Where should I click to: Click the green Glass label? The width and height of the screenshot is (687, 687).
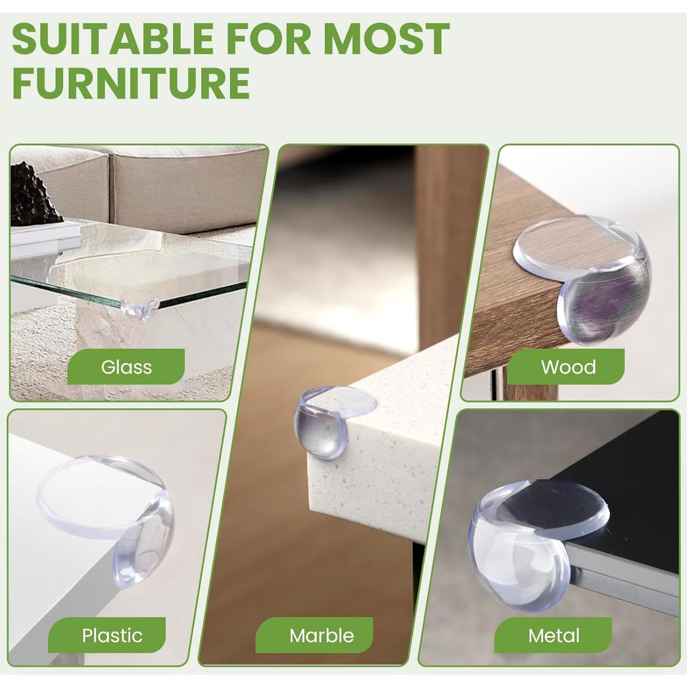126,367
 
